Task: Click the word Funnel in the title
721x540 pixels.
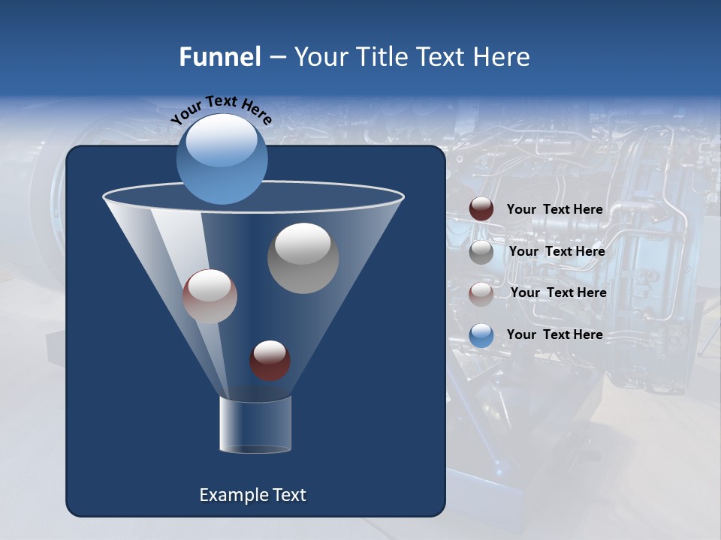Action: tap(219, 57)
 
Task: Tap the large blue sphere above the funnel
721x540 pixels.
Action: tap(222, 159)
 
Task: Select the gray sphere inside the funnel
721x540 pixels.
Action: tap(303, 258)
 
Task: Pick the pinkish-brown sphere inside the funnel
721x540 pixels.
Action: tap(210, 296)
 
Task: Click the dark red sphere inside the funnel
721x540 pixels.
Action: tap(270, 360)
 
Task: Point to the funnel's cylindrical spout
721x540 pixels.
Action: tap(255, 424)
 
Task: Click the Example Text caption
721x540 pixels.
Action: tap(252, 495)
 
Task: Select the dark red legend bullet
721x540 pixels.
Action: tap(481, 209)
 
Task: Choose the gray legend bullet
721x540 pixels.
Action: tap(481, 252)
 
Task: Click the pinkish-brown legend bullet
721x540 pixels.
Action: tap(481, 294)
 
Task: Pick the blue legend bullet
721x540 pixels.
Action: tap(481, 335)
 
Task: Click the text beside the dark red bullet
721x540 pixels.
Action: tap(554, 209)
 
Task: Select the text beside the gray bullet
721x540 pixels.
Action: tap(557, 251)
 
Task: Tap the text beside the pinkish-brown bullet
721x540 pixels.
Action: tap(558, 292)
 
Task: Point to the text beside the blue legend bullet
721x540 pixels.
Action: tap(554, 334)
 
